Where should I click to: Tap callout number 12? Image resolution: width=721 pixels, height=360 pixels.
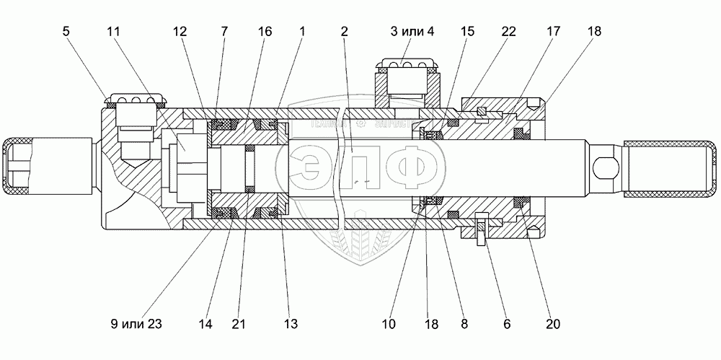pos(180,32)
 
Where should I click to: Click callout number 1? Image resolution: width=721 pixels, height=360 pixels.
pos(301,32)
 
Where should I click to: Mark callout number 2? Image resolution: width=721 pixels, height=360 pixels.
pos(345,32)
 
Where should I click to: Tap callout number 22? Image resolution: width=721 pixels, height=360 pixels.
pos(509,32)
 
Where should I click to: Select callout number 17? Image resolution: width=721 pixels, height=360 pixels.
pos(554,32)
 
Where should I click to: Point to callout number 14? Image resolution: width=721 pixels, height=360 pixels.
pos(206,324)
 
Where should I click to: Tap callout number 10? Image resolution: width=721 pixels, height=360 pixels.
pos(389,324)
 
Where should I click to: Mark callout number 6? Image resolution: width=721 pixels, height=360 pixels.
pos(507,324)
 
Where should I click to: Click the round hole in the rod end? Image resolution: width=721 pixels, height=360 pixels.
pos(604,170)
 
